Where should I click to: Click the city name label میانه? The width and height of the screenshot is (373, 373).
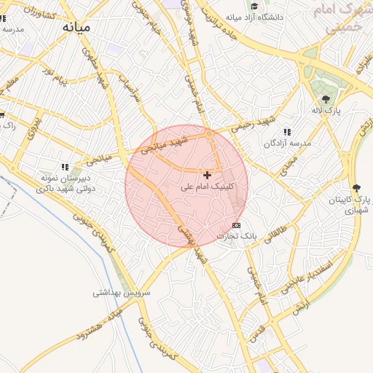pyautogui.click(x=76, y=27)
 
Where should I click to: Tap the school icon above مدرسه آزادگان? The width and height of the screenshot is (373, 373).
pyautogui.click(x=287, y=132)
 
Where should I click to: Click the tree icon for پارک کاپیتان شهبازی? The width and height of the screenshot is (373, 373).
pyautogui.click(x=356, y=188)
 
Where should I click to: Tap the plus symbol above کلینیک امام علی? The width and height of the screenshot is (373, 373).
pyautogui.click(x=208, y=175)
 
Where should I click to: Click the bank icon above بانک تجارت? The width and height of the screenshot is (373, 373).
pyautogui.click(x=236, y=225)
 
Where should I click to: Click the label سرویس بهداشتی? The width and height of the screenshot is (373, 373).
pyautogui.click(x=121, y=294)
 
